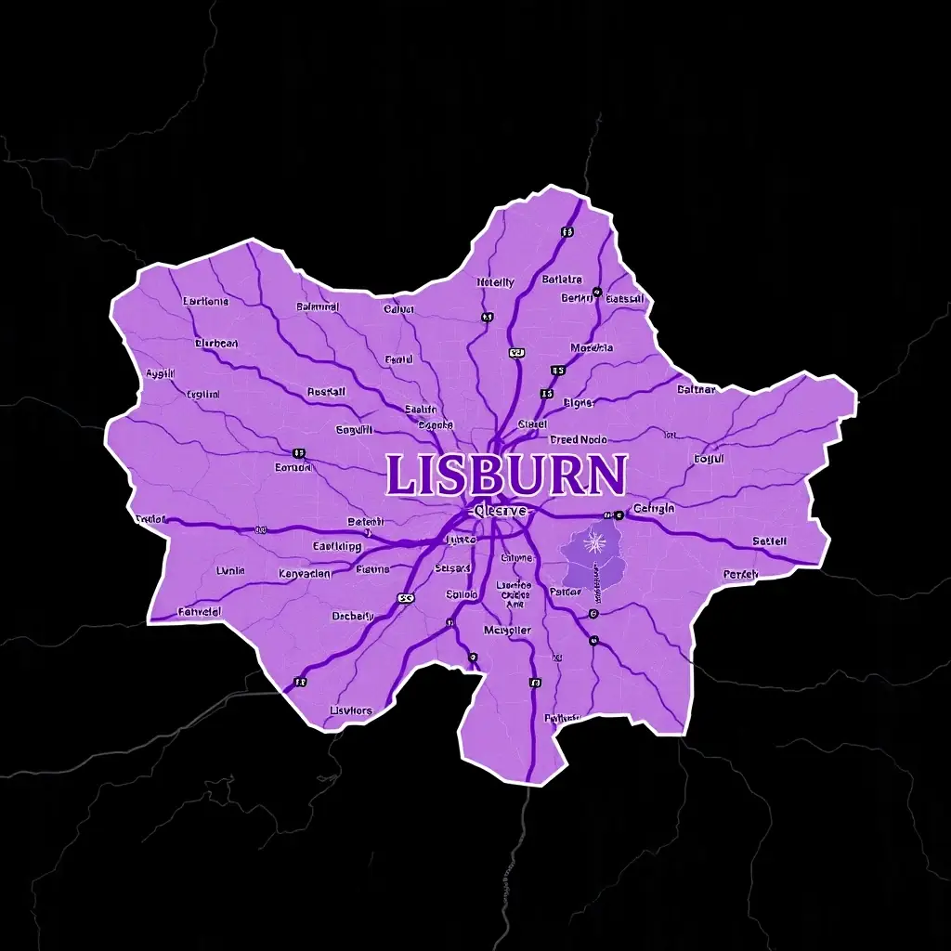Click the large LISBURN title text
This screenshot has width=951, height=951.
506,475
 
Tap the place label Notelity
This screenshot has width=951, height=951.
495,282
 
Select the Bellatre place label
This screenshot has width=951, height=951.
562,279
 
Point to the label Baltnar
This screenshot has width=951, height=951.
697,390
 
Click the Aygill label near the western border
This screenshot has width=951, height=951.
161,373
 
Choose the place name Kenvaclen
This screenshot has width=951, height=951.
305,574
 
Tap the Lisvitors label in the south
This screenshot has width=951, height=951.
351,710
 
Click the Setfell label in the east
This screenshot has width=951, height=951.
769,541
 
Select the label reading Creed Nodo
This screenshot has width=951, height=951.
577,439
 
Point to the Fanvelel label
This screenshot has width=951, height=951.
199,612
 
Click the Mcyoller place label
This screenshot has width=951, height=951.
507,630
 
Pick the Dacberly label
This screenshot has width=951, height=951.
353,616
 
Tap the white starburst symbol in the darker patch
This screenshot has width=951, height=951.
593,541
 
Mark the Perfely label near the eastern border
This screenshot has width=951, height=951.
740,574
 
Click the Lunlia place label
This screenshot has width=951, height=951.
230,570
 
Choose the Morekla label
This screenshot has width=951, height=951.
592,348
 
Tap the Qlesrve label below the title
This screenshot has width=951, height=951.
499,511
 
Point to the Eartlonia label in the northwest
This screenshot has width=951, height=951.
205,301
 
